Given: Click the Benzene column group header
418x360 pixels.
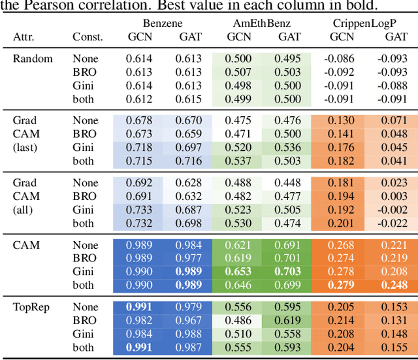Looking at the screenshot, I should [161, 22].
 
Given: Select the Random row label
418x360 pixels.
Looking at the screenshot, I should [33, 59].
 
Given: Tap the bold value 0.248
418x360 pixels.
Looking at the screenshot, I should [394, 286].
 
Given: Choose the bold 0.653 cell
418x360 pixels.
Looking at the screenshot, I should [238, 272].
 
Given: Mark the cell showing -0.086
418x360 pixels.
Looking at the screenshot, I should [340, 59].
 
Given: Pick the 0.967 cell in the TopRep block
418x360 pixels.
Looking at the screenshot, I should [189, 321].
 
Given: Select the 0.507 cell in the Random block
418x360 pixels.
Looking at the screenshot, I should [238, 73].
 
